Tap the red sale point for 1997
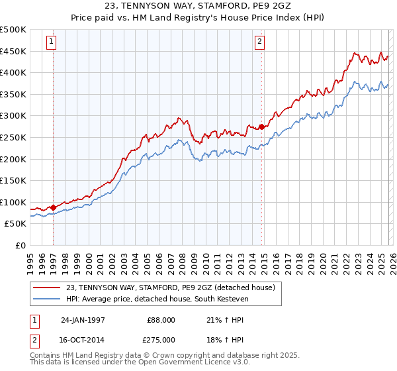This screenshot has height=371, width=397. pyautogui.click(x=54, y=207)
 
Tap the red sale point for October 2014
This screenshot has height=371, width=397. pyautogui.click(x=261, y=127)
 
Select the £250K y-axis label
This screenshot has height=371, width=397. pyautogui.click(x=13, y=138)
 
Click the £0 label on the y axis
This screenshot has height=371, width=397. pyautogui.click(x=21, y=246)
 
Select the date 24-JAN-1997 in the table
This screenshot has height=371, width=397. pyautogui.click(x=83, y=319)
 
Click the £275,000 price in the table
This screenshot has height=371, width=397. pyautogui.click(x=161, y=339)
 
